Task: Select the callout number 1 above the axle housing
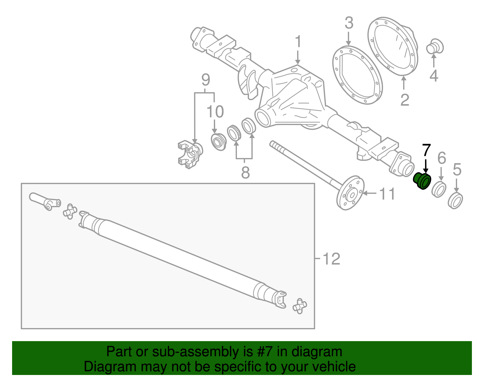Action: (x=298, y=41)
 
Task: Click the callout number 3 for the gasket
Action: (x=349, y=23)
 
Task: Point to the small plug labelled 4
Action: (x=434, y=48)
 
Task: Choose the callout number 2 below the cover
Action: (x=405, y=100)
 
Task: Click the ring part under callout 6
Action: (x=439, y=189)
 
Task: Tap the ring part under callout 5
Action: (x=455, y=200)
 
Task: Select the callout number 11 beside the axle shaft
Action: (x=387, y=194)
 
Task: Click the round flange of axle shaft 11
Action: (x=351, y=193)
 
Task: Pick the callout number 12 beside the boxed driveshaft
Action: (x=332, y=259)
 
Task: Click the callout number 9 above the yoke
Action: (x=206, y=80)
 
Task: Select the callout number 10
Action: (x=215, y=112)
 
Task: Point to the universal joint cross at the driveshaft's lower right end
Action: (x=299, y=306)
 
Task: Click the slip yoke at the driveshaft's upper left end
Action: (x=45, y=201)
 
